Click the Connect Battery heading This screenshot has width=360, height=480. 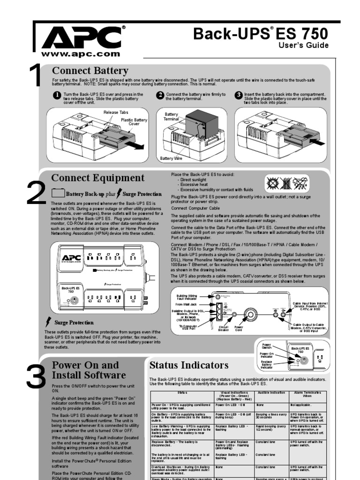90,71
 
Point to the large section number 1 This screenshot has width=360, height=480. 36,75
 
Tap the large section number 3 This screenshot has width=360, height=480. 36,377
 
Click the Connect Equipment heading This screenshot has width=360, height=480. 97,178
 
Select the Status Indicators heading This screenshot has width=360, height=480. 189,365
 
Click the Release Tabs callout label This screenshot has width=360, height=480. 116,112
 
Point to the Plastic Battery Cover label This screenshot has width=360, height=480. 134,122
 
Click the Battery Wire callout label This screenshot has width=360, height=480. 171,158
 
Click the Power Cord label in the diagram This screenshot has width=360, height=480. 239,330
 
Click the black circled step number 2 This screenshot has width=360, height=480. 160,95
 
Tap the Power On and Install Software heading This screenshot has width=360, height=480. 88,370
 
